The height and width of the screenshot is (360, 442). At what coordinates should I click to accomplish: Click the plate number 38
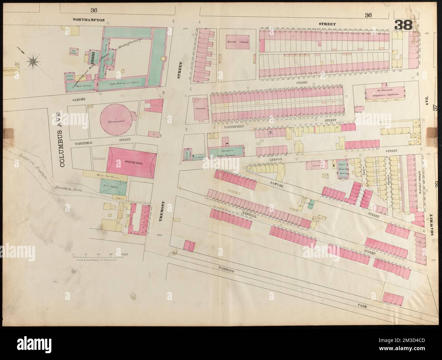coord(404,25)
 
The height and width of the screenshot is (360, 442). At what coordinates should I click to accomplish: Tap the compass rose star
coord(33,61)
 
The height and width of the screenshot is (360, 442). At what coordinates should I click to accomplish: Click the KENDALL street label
coord(251,210)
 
